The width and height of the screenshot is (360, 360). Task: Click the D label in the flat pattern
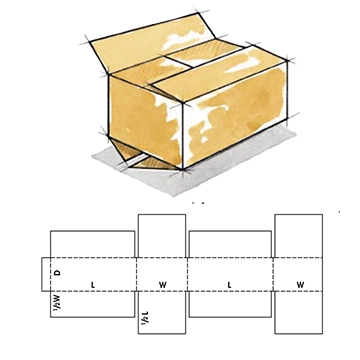point(57,271)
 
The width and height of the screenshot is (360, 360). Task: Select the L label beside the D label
point(92,285)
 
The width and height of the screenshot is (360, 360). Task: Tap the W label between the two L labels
point(162,285)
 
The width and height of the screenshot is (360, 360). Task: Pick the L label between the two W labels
point(230,285)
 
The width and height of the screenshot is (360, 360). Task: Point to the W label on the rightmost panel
point(300,285)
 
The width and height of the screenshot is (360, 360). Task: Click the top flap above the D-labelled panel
point(92,244)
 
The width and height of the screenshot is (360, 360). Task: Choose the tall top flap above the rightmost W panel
point(299,235)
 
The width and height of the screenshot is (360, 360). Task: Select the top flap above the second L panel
point(230,244)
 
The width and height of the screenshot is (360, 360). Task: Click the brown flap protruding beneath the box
point(132,159)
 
